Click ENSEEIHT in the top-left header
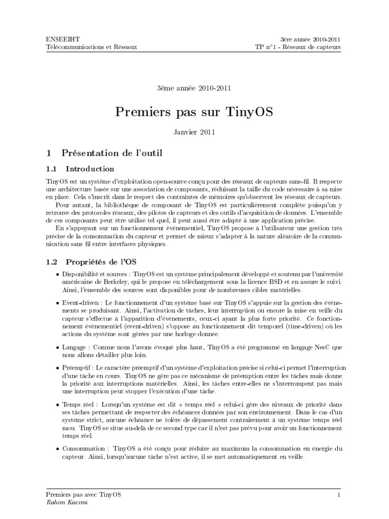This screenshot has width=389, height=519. (x=60, y=39)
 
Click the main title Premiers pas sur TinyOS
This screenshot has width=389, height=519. (x=194, y=112)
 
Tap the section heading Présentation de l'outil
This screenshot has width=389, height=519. (x=111, y=152)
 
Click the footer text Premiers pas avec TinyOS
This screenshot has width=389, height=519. (x=84, y=494)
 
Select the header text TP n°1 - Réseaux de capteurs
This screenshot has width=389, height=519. (x=298, y=47)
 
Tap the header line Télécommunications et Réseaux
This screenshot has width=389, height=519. (x=91, y=47)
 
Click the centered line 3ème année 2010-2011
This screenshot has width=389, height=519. (x=194, y=88)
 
